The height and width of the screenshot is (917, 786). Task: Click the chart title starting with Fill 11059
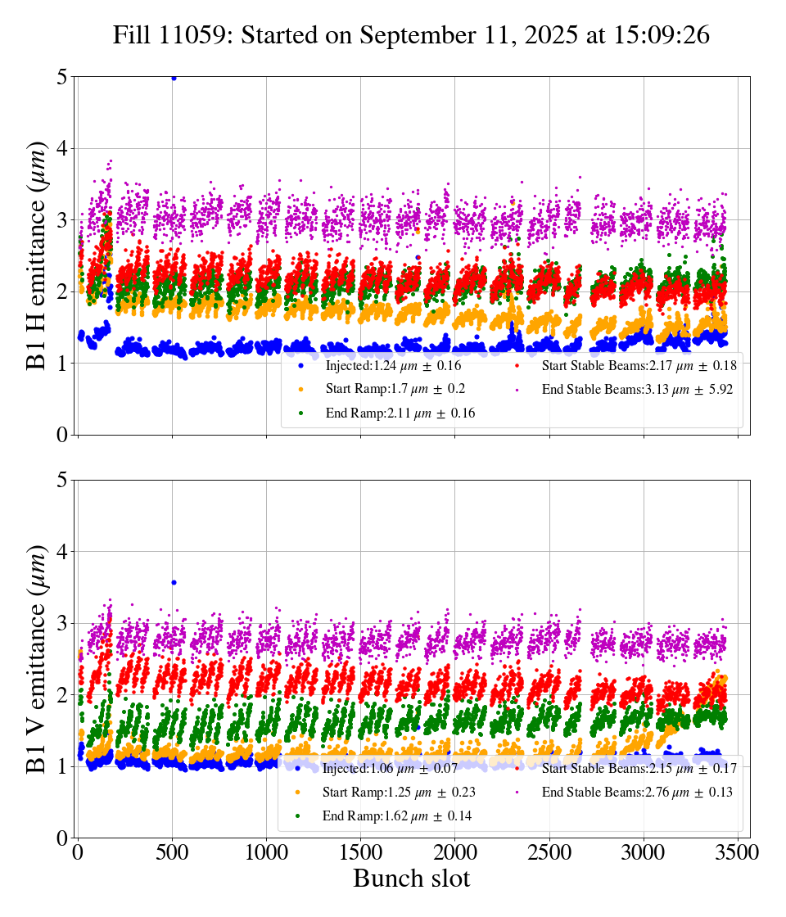411,35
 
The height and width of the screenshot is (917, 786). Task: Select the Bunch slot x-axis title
411,879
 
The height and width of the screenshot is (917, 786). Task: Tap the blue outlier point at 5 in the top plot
174,78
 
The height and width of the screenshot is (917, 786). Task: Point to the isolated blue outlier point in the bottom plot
174,582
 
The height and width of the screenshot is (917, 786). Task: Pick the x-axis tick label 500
172,852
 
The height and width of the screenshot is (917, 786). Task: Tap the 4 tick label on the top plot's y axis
62,149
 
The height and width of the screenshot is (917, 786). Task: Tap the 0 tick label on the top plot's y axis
62,435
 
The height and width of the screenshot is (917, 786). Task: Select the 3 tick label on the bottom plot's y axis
62,624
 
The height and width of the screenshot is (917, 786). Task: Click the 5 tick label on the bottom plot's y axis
62,481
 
